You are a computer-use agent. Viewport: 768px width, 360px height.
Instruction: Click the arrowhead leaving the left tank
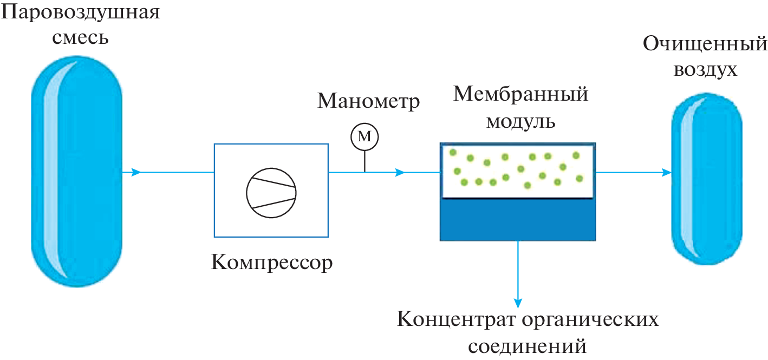[136, 173]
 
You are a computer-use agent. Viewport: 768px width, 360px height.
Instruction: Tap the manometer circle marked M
[365, 138]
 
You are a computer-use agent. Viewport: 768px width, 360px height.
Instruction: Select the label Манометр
[368, 101]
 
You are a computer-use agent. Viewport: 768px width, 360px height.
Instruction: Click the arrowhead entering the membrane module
[400, 173]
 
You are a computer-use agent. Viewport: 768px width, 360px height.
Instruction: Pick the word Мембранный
[520, 95]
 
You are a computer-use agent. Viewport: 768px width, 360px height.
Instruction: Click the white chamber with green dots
[518, 171]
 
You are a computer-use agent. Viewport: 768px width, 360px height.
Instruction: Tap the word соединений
[528, 345]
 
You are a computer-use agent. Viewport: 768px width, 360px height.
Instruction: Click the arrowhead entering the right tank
[667, 173]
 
